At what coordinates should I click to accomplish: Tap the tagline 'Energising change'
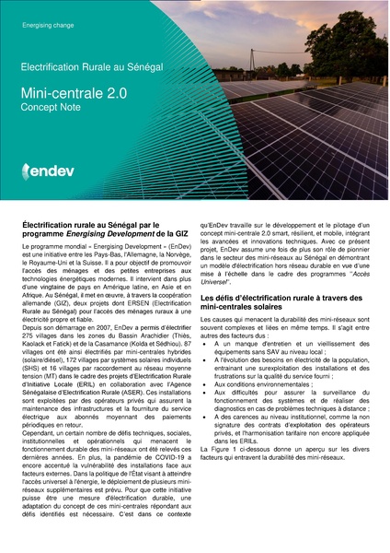tap(47, 25)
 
